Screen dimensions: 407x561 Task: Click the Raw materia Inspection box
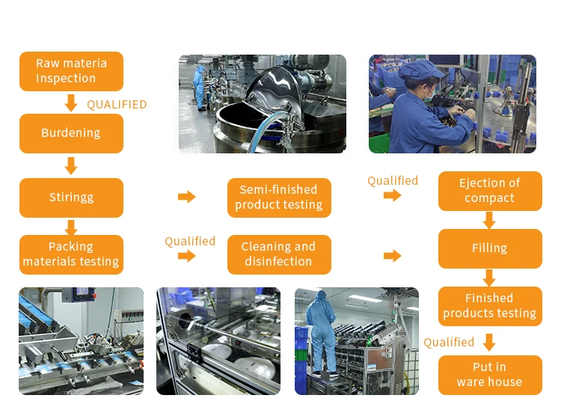tap(71, 71)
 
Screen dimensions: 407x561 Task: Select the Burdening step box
tap(71, 133)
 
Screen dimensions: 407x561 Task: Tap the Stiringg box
tap(71, 198)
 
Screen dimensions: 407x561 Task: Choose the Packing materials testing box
tap(71, 254)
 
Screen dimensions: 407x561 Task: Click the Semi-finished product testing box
tap(278, 198)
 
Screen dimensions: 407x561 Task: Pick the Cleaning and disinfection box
tap(278, 254)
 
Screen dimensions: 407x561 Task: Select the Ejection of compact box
tap(489, 191)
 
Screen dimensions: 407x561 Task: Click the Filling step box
tap(489, 248)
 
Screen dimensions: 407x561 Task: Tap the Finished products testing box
tap(489, 306)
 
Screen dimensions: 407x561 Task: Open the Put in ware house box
tap(489, 375)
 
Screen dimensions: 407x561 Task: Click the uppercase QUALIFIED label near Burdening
tap(117, 105)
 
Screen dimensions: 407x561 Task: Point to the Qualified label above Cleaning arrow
tap(190, 241)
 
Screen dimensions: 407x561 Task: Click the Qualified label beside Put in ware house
tap(449, 342)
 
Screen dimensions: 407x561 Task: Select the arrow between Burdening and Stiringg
tap(71, 165)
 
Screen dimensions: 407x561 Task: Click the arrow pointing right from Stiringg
tap(186, 197)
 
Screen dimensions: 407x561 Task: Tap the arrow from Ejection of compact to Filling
tap(489, 220)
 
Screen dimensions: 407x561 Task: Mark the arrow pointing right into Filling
tap(392, 256)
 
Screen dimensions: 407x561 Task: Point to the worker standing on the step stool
tap(322, 333)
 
